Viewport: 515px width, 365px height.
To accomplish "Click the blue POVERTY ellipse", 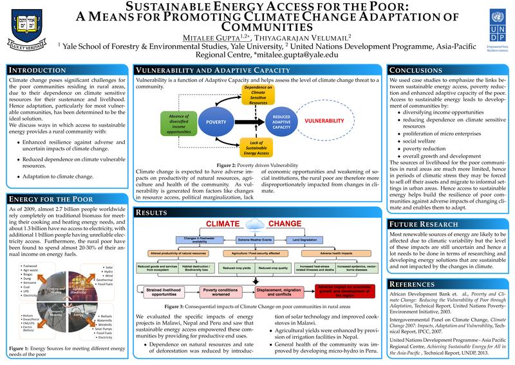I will tap(214, 121).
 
